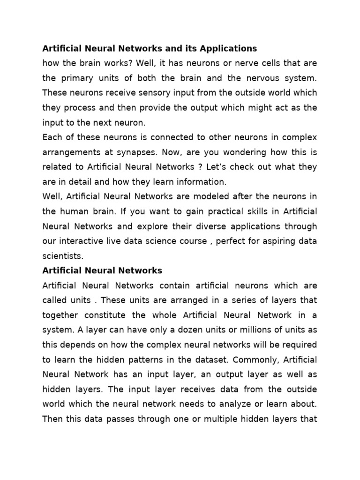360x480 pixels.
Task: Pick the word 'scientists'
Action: [61, 256]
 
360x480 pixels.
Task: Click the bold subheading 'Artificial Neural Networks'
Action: [102, 270]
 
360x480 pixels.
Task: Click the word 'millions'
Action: [253, 330]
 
